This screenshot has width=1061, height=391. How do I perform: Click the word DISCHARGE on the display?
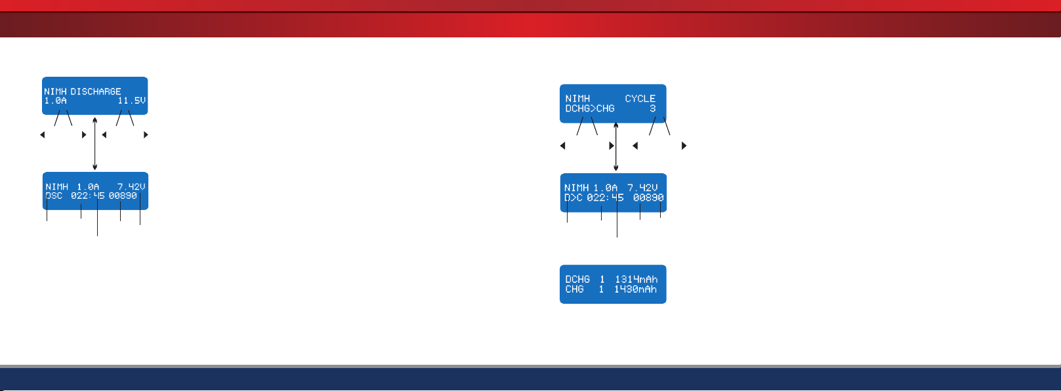pos(96,91)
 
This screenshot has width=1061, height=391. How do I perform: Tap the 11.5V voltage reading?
pos(132,100)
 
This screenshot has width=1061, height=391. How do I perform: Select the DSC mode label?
pos(54,195)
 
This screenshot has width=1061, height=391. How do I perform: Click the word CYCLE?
pos(640,98)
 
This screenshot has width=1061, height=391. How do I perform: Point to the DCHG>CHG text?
pos(590,108)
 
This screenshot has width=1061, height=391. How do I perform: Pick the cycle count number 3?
pos(653,108)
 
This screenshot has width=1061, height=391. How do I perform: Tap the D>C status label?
pos(573,197)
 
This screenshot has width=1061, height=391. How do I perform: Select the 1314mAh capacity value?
pos(636,279)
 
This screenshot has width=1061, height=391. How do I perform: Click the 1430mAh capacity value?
pos(636,289)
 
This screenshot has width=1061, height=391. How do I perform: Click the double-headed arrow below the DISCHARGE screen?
pos(94,144)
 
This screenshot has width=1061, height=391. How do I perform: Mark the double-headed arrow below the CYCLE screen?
pos(615,147)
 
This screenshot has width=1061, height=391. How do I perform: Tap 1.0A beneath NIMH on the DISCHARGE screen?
pos(55,100)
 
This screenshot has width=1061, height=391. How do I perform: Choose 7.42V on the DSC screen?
pos(131,186)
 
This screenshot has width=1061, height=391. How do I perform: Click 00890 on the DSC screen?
pos(123,195)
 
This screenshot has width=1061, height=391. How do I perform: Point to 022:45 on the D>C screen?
pos(606,197)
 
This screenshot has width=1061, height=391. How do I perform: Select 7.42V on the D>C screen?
pos(643,188)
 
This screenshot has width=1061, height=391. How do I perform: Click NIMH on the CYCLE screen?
pos(577,98)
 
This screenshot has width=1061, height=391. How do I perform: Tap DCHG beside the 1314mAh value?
pos(577,279)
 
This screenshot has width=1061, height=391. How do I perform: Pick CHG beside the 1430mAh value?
pos(575,289)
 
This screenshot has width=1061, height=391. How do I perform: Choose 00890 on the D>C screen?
pos(648,197)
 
